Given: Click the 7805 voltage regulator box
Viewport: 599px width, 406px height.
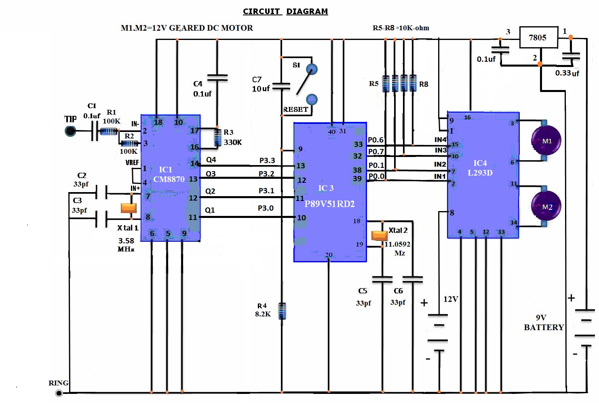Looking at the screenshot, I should point(538,38).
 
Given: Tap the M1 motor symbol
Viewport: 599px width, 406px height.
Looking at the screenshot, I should point(546,140).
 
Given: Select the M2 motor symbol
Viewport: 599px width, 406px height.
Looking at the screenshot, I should point(546,206).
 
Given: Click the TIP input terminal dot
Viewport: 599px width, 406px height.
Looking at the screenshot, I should point(70,131).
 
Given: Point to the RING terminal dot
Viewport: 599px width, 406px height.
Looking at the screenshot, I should point(59,393).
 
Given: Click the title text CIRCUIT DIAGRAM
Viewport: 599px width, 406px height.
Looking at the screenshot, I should point(285,11).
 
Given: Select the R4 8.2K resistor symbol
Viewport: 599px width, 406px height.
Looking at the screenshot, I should point(282,311).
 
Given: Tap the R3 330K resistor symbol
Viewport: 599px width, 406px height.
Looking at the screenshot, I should point(217,137).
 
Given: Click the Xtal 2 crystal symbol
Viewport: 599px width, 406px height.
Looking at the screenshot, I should point(380,235).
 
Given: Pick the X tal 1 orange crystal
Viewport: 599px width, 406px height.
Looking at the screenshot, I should point(129,208).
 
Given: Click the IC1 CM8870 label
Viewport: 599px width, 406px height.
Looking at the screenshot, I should point(169,174).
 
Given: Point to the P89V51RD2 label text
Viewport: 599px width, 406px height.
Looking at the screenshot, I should point(329,204).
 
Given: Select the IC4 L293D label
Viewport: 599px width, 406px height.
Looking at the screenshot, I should point(480,168).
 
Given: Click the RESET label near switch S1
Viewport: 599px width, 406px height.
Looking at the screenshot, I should point(295,109).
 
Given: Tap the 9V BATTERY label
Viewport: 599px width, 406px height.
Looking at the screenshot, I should point(543,322).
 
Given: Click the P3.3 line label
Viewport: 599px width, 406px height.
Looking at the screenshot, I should point(267,160).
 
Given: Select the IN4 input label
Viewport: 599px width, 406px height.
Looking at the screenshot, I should point(440,140).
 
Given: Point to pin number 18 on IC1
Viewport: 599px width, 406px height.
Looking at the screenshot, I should point(158,122).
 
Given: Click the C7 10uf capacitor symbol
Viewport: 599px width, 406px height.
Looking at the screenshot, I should point(281,86).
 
